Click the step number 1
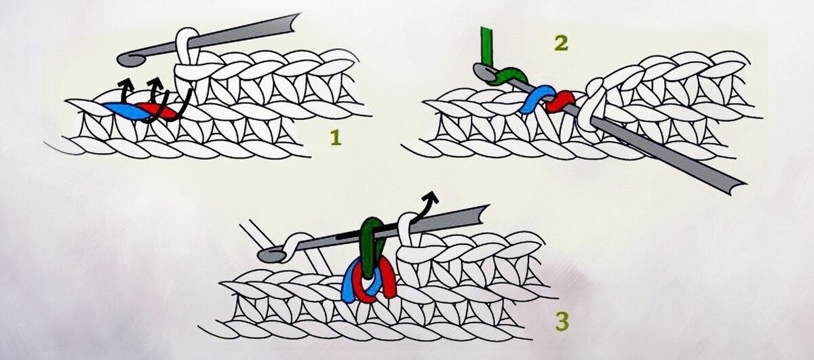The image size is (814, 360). coord(336,138)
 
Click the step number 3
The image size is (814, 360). coord(562,322)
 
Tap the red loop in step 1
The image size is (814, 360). coord(160,111)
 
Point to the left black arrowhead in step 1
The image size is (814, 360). coord(125,84)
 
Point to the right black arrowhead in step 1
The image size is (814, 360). coord(155,83)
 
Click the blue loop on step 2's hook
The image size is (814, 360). coord(535,99)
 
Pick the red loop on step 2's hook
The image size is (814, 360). coord(559,102)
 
